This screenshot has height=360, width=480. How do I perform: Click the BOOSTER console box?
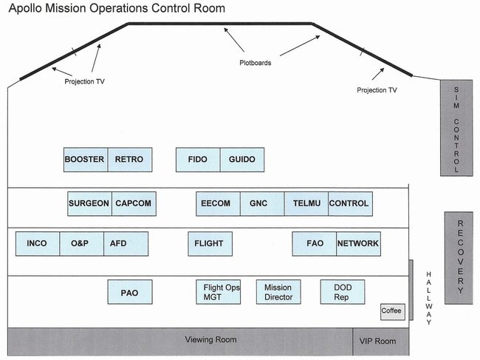[86, 160]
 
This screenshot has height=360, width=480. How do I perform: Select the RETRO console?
[130, 160]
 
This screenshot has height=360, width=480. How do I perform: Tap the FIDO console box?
[198, 160]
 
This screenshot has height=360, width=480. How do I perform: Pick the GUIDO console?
[242, 160]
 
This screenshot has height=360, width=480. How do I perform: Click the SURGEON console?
[89, 204]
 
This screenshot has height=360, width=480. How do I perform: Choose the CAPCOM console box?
[134, 204]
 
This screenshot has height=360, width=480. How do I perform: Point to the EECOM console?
[219, 204]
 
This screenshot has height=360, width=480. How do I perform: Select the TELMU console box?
[306, 204]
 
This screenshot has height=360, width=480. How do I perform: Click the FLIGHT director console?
[210, 244]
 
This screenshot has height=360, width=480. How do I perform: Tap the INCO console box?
[38, 244]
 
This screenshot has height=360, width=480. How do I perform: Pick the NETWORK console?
[358, 244]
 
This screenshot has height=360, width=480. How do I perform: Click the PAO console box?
[130, 292]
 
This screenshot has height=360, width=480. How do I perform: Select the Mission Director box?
[278, 292]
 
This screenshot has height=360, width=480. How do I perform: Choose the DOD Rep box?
[343, 292]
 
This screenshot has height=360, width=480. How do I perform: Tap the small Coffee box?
[393, 312]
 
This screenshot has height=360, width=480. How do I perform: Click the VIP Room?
[381, 342]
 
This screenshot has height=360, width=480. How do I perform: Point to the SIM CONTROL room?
[456, 128]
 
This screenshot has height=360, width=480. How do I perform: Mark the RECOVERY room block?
[459, 258]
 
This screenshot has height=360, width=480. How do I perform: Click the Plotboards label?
[256, 63]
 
